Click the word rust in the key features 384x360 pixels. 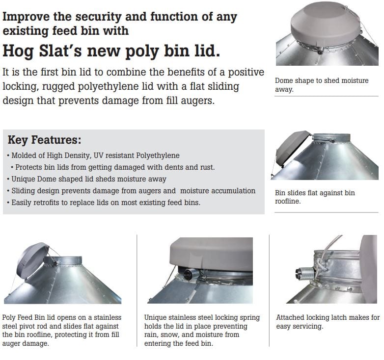(x=208, y=167)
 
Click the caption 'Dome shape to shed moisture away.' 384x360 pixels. (x=322, y=85)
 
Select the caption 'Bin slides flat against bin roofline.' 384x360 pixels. (x=315, y=197)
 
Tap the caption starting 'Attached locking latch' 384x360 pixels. (x=328, y=322)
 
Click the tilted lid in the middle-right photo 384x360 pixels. (x=292, y=147)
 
